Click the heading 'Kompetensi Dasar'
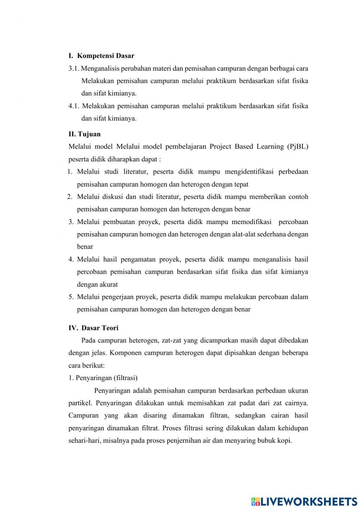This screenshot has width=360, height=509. pos(105,56)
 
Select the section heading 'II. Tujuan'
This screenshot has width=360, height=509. pos(85,134)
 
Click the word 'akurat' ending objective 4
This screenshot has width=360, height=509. pos(108,285)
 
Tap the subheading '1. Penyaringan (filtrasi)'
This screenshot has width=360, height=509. pos(103,378)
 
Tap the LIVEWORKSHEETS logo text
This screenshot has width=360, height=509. pos(309,501)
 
